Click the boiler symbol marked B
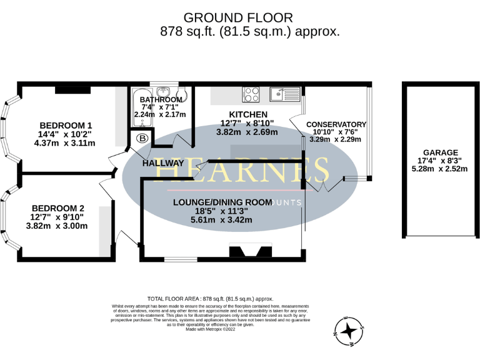click(x=142, y=138)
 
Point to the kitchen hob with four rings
click(x=251, y=94)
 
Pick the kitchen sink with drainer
click(x=285, y=94)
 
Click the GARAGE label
click(x=440, y=152)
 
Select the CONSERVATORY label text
click(x=336, y=124)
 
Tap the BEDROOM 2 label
click(x=57, y=208)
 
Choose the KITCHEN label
click(x=248, y=114)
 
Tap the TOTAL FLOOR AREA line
click(x=210, y=299)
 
